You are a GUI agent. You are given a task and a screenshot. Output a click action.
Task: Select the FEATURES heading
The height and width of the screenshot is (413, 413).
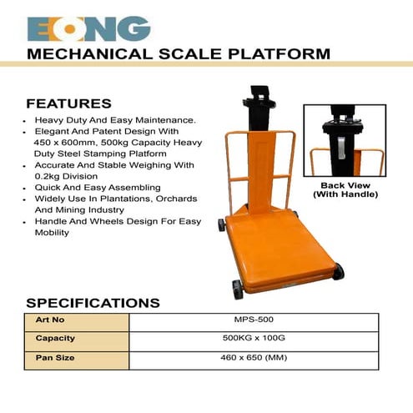[68, 104]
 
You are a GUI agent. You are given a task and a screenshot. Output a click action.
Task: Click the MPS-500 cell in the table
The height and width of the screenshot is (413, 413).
[254, 320]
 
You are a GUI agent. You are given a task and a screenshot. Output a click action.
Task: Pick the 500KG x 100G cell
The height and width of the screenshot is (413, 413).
[254, 339]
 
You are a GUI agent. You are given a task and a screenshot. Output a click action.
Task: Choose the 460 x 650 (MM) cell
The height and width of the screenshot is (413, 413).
[254, 358]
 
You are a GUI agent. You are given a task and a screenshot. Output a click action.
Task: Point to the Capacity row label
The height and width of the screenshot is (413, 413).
[55, 339]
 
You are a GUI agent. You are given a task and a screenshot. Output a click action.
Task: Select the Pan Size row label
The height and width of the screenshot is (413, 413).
[55, 358]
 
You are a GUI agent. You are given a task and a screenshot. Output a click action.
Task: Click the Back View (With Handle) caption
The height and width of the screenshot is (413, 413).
[345, 189]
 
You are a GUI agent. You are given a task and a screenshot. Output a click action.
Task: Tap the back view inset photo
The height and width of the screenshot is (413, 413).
[345, 139]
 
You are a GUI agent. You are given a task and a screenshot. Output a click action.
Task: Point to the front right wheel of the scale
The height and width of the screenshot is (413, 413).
[338, 271]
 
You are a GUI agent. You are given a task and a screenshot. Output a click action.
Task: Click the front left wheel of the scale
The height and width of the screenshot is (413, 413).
[238, 289]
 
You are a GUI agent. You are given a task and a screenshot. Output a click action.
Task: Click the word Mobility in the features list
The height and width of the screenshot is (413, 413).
[53, 233]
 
